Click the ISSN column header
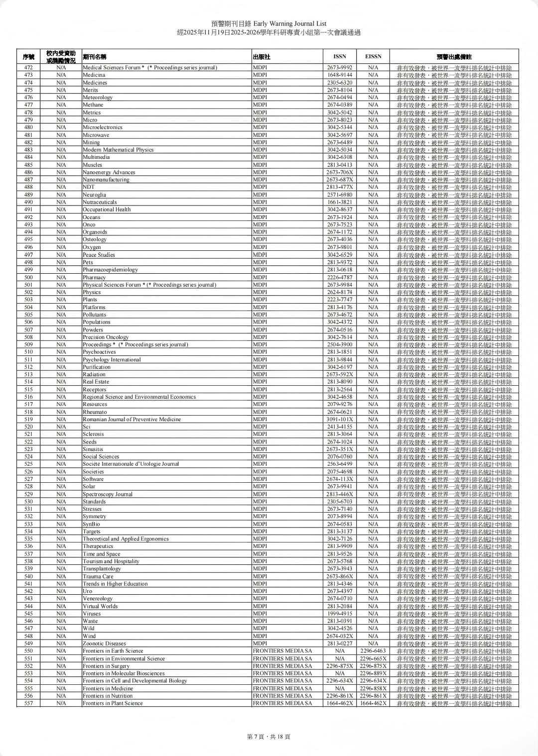(x=339, y=57)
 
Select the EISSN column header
(x=373, y=57)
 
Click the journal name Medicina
(x=94, y=75)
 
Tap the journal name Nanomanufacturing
(x=106, y=180)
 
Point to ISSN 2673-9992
(x=339, y=68)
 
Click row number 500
(x=28, y=277)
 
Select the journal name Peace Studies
(x=99, y=255)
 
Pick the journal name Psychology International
(x=112, y=359)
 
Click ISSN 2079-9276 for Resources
(x=339, y=404)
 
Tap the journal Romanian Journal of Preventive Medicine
(x=132, y=419)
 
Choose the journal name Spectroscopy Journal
(x=108, y=494)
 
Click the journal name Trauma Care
(x=98, y=576)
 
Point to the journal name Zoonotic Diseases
(x=104, y=644)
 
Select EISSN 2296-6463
(x=373, y=651)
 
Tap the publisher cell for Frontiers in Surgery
(x=282, y=666)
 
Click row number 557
(x=28, y=703)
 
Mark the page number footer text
(x=269, y=737)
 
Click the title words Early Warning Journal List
(x=290, y=23)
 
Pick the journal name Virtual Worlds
(x=100, y=606)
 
